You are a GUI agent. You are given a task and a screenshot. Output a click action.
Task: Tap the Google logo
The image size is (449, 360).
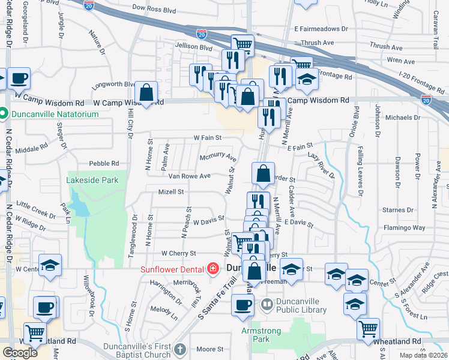pos(20,353)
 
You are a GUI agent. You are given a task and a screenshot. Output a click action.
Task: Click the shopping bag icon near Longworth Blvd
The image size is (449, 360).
pos(146,92)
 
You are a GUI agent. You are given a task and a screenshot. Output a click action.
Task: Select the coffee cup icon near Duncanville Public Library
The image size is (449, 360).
pos(243,305)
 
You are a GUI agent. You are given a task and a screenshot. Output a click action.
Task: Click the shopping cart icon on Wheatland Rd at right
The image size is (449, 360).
pos(368,328)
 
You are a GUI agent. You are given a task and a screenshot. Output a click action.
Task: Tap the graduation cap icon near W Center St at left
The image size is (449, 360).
pos(50,265)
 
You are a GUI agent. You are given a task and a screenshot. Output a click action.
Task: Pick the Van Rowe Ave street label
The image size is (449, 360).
pos(189,176)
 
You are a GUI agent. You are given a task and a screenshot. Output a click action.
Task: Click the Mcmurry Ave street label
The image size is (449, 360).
pos(218,158)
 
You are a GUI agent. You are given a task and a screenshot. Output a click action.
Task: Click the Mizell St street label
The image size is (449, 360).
pos(170,192)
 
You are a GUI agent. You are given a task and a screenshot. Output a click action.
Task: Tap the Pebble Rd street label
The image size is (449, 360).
pos(104,163)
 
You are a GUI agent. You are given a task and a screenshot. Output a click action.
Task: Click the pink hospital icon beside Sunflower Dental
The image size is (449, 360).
pos(212,269)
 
